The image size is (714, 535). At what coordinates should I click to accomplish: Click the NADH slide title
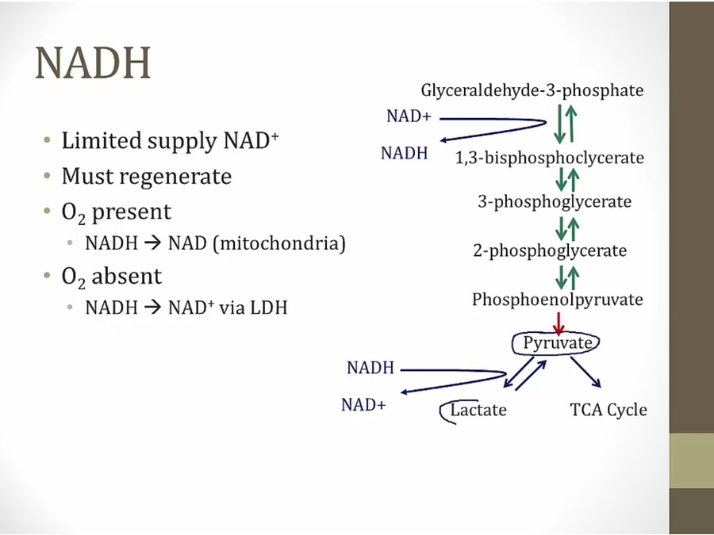pos(93,63)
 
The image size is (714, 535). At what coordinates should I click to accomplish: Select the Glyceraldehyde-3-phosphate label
pos(532,90)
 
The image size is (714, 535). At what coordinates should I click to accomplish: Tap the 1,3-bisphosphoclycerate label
pos(549,158)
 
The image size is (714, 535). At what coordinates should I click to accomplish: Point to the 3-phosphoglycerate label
pos(554,202)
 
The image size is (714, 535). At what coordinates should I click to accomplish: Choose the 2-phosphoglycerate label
pos(550,251)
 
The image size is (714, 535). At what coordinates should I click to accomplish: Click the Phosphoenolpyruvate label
pos(557,300)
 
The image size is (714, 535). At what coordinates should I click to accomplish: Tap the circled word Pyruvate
pos(558,343)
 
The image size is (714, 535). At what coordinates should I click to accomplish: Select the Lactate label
pos(478,410)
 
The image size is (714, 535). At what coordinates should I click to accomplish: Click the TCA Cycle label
pos(608,410)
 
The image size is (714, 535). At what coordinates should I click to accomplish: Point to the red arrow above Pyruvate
pos(559,323)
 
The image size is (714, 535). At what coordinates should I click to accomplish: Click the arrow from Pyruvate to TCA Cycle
pos(585,373)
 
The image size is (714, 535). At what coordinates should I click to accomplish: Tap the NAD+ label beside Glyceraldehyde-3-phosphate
pos(409,117)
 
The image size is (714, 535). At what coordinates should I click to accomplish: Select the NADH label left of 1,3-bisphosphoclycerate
pos(404,154)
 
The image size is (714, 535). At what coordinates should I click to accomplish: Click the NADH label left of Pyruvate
pos(370,368)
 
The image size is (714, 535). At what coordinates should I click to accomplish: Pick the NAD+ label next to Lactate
pos(363,405)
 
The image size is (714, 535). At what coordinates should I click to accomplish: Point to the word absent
pos(126,277)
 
